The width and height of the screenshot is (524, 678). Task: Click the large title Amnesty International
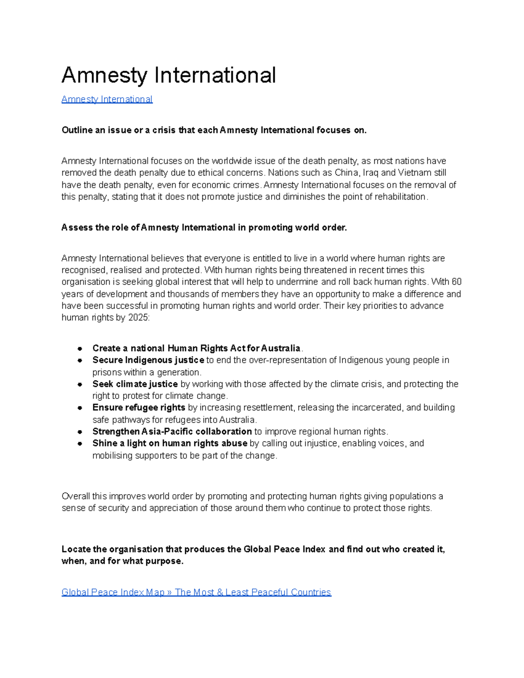[169, 75]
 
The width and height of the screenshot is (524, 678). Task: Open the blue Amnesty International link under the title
[107, 99]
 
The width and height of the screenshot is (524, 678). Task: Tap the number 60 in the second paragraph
[456, 282]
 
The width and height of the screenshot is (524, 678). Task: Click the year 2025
[138, 318]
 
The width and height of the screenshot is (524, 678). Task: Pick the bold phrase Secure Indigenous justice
[148, 360]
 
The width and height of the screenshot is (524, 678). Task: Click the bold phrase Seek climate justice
[135, 384]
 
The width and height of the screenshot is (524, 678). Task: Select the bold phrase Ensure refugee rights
[139, 408]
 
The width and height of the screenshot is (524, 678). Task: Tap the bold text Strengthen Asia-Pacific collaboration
[172, 432]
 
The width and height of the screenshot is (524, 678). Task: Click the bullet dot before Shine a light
[80, 444]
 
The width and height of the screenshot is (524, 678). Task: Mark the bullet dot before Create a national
[80, 348]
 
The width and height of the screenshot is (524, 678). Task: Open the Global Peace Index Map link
[196, 592]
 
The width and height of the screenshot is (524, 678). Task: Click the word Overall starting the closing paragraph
[76, 496]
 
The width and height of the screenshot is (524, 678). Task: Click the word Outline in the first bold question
[77, 130]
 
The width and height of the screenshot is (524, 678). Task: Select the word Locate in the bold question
[76, 549]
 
